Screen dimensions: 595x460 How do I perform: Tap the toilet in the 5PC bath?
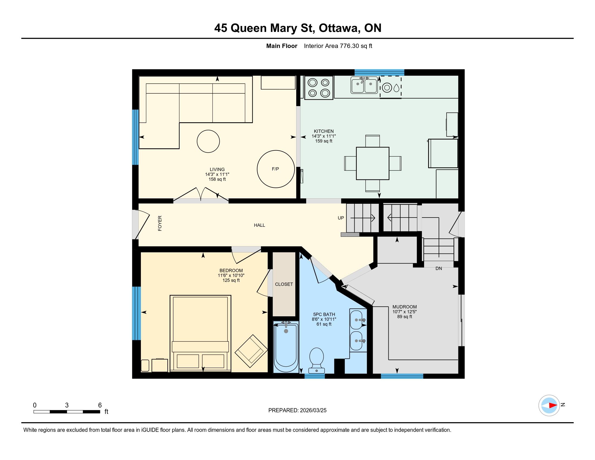(317, 360)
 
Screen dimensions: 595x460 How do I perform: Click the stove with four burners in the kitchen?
(319, 87)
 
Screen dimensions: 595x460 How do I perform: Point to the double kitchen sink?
(364, 85)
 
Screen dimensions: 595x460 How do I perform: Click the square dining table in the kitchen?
(373, 163)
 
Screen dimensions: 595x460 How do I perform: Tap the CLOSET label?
(284, 284)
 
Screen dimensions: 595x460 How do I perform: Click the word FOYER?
(160, 224)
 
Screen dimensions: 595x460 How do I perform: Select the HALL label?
(259, 225)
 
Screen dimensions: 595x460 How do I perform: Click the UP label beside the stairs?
(341, 218)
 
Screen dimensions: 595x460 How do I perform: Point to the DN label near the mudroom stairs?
(439, 268)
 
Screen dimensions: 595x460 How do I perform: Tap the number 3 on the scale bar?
(67, 405)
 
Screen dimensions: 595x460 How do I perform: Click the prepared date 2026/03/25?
(313, 410)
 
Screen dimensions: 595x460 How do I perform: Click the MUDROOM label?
(405, 307)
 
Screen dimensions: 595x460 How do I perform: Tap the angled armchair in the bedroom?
(251, 351)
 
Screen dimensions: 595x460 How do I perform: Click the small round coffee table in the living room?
(208, 141)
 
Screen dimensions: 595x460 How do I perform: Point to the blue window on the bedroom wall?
(136, 313)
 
